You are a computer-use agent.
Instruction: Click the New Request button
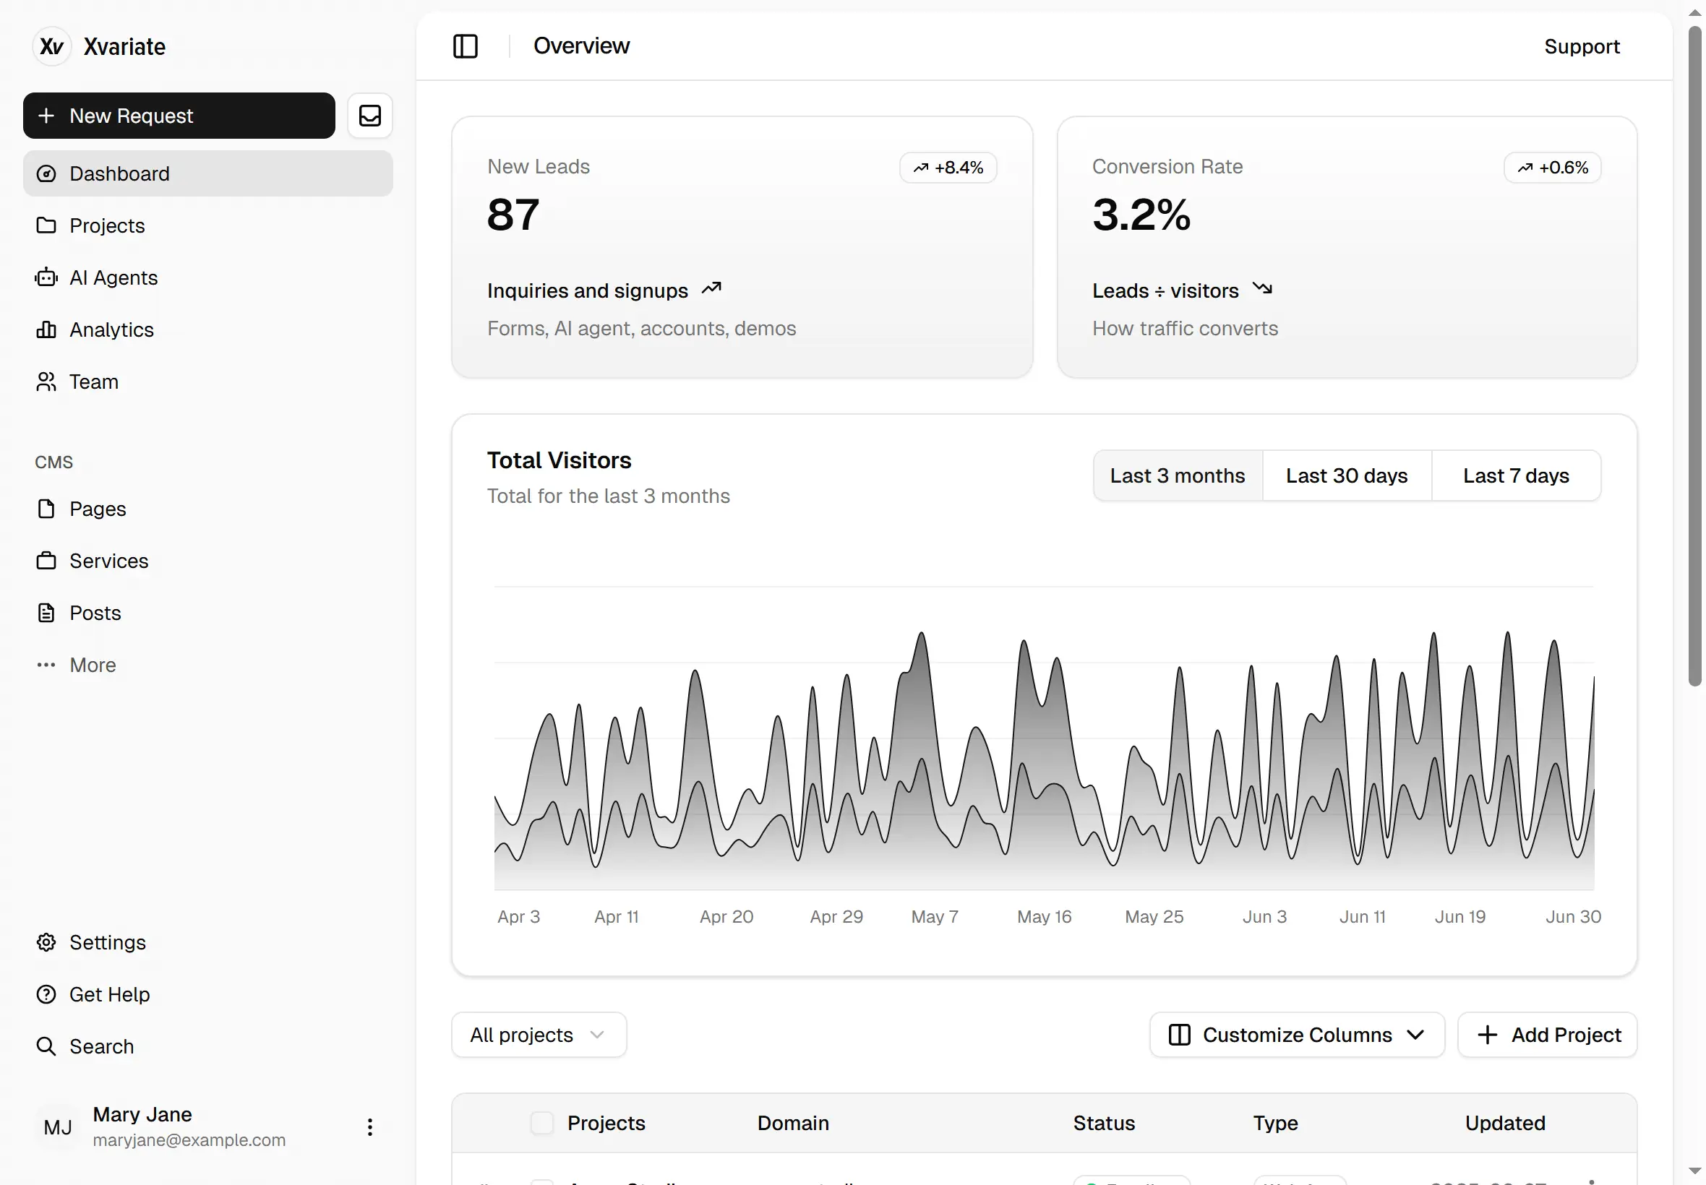[179, 116]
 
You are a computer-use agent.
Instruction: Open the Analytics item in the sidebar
[111, 329]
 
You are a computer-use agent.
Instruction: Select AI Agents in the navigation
[113, 277]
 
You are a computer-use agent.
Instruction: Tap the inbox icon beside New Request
[370, 116]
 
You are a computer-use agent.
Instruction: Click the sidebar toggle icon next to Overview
[465, 46]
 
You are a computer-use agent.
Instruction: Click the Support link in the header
[1581, 46]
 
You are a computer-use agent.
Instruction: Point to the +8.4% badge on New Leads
[948, 168]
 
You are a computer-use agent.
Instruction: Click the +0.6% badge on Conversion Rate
[1552, 168]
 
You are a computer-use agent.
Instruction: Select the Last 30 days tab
[1346, 476]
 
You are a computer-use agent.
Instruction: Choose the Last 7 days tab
[1515, 476]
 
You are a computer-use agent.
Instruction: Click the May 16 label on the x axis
[1044, 917]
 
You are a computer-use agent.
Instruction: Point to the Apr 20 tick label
[726, 917]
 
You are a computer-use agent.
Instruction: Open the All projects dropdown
[539, 1035]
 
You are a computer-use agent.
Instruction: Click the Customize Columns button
[1296, 1035]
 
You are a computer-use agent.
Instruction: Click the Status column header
[1103, 1124]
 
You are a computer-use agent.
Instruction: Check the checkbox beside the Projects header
[541, 1123]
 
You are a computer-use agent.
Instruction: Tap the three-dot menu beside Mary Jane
[369, 1127]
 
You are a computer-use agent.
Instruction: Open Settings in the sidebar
[107, 942]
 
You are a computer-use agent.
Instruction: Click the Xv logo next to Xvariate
[51, 47]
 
